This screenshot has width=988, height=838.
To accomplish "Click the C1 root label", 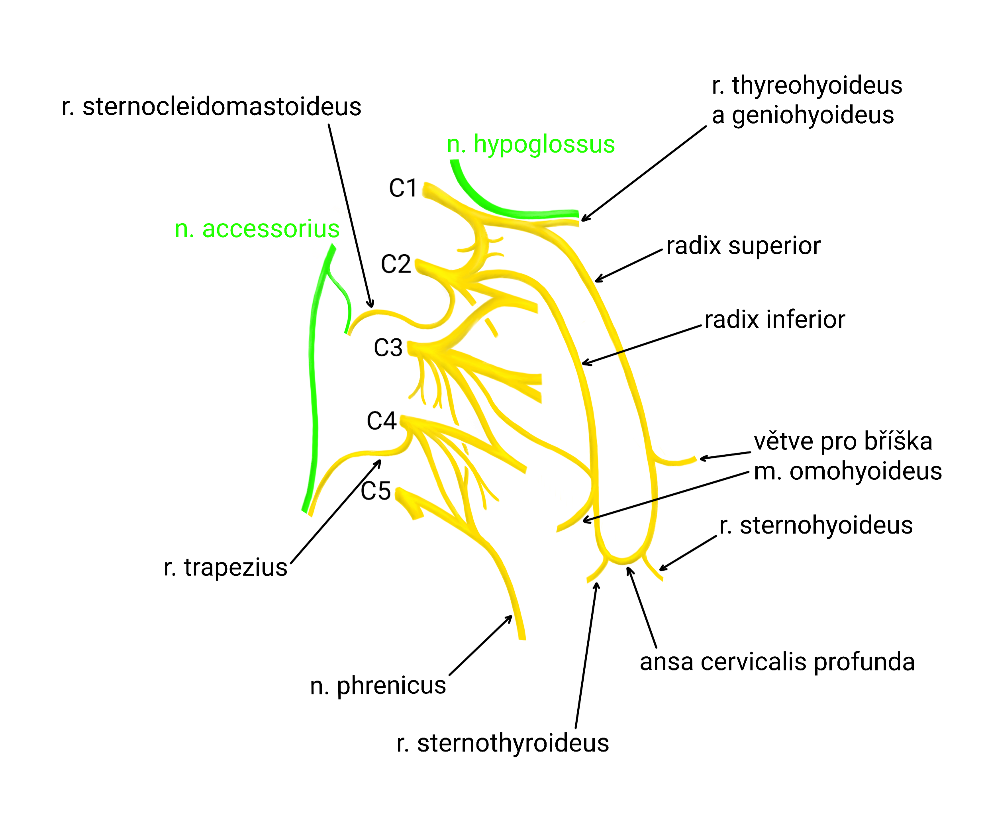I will tap(402, 188).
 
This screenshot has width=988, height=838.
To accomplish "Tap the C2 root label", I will tap(395, 264).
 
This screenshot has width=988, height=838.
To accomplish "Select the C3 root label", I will tap(388, 348).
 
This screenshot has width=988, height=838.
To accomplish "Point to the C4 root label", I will tap(381, 421).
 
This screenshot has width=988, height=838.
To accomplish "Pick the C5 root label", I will tap(375, 491).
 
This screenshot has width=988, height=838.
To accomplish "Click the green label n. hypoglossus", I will tap(531, 144).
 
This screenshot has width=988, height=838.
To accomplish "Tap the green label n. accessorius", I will tap(257, 229).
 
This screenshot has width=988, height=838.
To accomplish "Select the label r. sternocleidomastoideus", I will tap(212, 107).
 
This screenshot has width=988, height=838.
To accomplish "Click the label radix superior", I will tap(743, 246).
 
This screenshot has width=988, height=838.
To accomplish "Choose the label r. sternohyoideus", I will tap(815, 526).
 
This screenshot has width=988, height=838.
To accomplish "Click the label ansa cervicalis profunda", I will tap(777, 662).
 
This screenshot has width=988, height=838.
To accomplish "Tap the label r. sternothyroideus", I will tap(502, 744).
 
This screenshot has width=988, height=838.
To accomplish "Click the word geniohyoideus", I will tap(813, 116).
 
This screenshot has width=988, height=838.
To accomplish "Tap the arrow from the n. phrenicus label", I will tap(480, 646).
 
